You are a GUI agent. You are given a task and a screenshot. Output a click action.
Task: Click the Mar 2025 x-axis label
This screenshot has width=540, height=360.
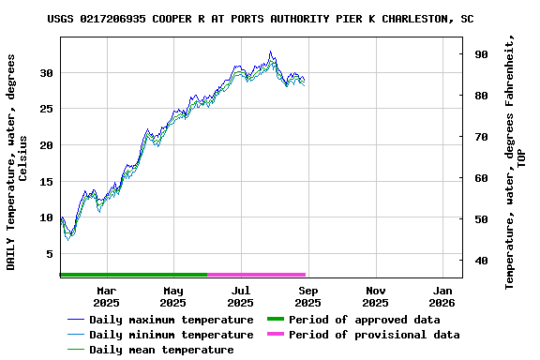click(x=106, y=296)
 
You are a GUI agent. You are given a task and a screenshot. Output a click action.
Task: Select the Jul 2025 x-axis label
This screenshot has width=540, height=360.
click(x=240, y=296)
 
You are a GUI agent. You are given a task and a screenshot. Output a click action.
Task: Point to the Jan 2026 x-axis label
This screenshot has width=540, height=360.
click(x=442, y=296)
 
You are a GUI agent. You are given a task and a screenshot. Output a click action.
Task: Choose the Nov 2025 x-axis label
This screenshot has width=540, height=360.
click(x=375, y=296)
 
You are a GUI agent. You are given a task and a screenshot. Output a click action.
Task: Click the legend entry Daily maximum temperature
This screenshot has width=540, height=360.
click(x=171, y=320)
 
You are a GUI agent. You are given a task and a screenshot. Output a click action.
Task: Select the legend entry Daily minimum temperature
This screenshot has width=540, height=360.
click(x=171, y=335)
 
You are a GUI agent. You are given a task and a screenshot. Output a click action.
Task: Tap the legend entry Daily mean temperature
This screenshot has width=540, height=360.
click(x=161, y=350)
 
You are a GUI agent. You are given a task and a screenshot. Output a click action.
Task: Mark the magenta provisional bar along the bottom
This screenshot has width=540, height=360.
click(x=257, y=275)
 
